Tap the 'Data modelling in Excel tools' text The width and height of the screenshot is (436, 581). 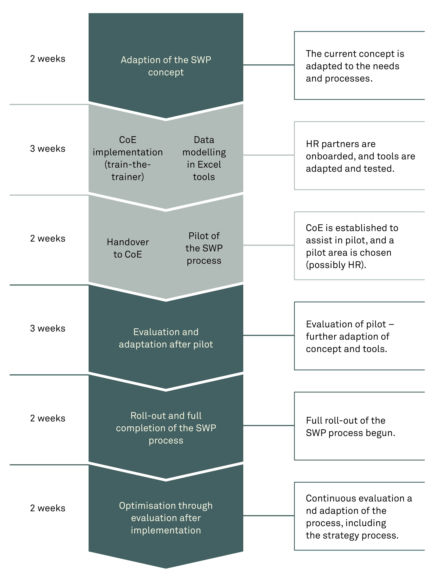click(204, 158)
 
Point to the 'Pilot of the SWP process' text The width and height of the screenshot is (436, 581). click(204, 248)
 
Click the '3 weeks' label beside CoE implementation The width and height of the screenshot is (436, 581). click(48, 149)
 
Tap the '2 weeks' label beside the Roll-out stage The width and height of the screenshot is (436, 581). click(48, 418)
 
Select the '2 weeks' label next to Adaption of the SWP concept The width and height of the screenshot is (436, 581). click(48, 59)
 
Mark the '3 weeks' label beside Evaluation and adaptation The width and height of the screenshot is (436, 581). click(48, 328)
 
